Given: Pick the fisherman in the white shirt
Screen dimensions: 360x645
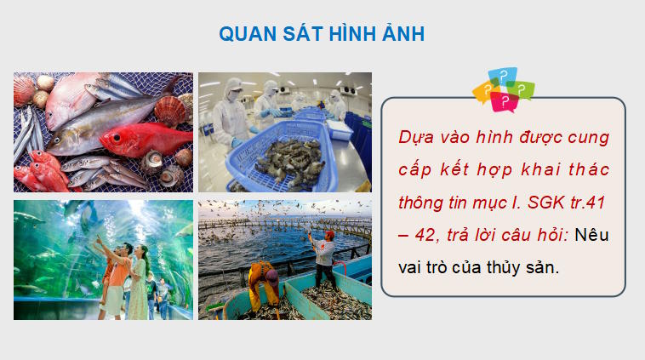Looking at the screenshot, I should click(324, 256).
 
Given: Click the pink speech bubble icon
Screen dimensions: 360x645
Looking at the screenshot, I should click(505, 103).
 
